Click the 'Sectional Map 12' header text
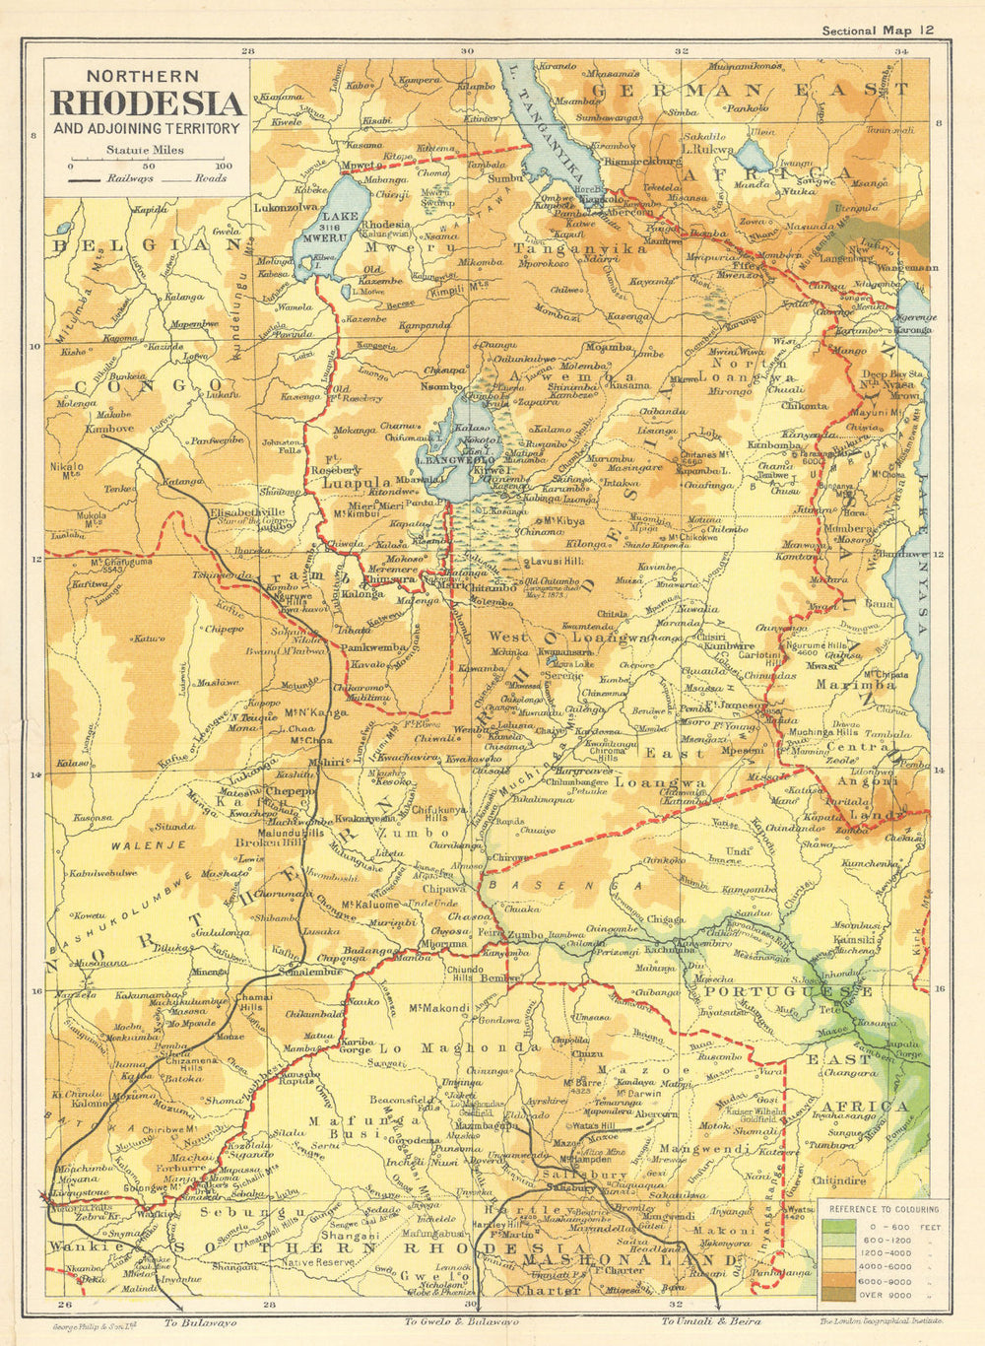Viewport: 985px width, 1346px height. (879, 31)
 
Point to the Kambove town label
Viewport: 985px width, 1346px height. (108, 430)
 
